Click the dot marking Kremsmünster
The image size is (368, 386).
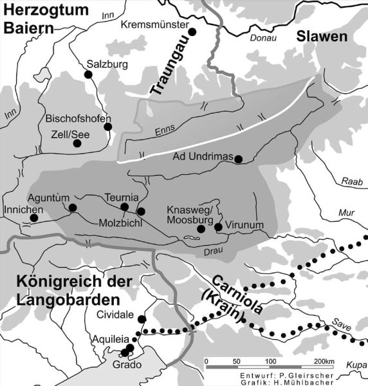191,30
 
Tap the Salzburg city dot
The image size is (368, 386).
88,75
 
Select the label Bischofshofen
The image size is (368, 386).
78,118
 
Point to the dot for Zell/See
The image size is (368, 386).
78,144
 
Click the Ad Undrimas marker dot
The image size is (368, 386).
238,159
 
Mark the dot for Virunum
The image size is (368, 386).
218,226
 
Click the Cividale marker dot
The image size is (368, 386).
142,319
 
